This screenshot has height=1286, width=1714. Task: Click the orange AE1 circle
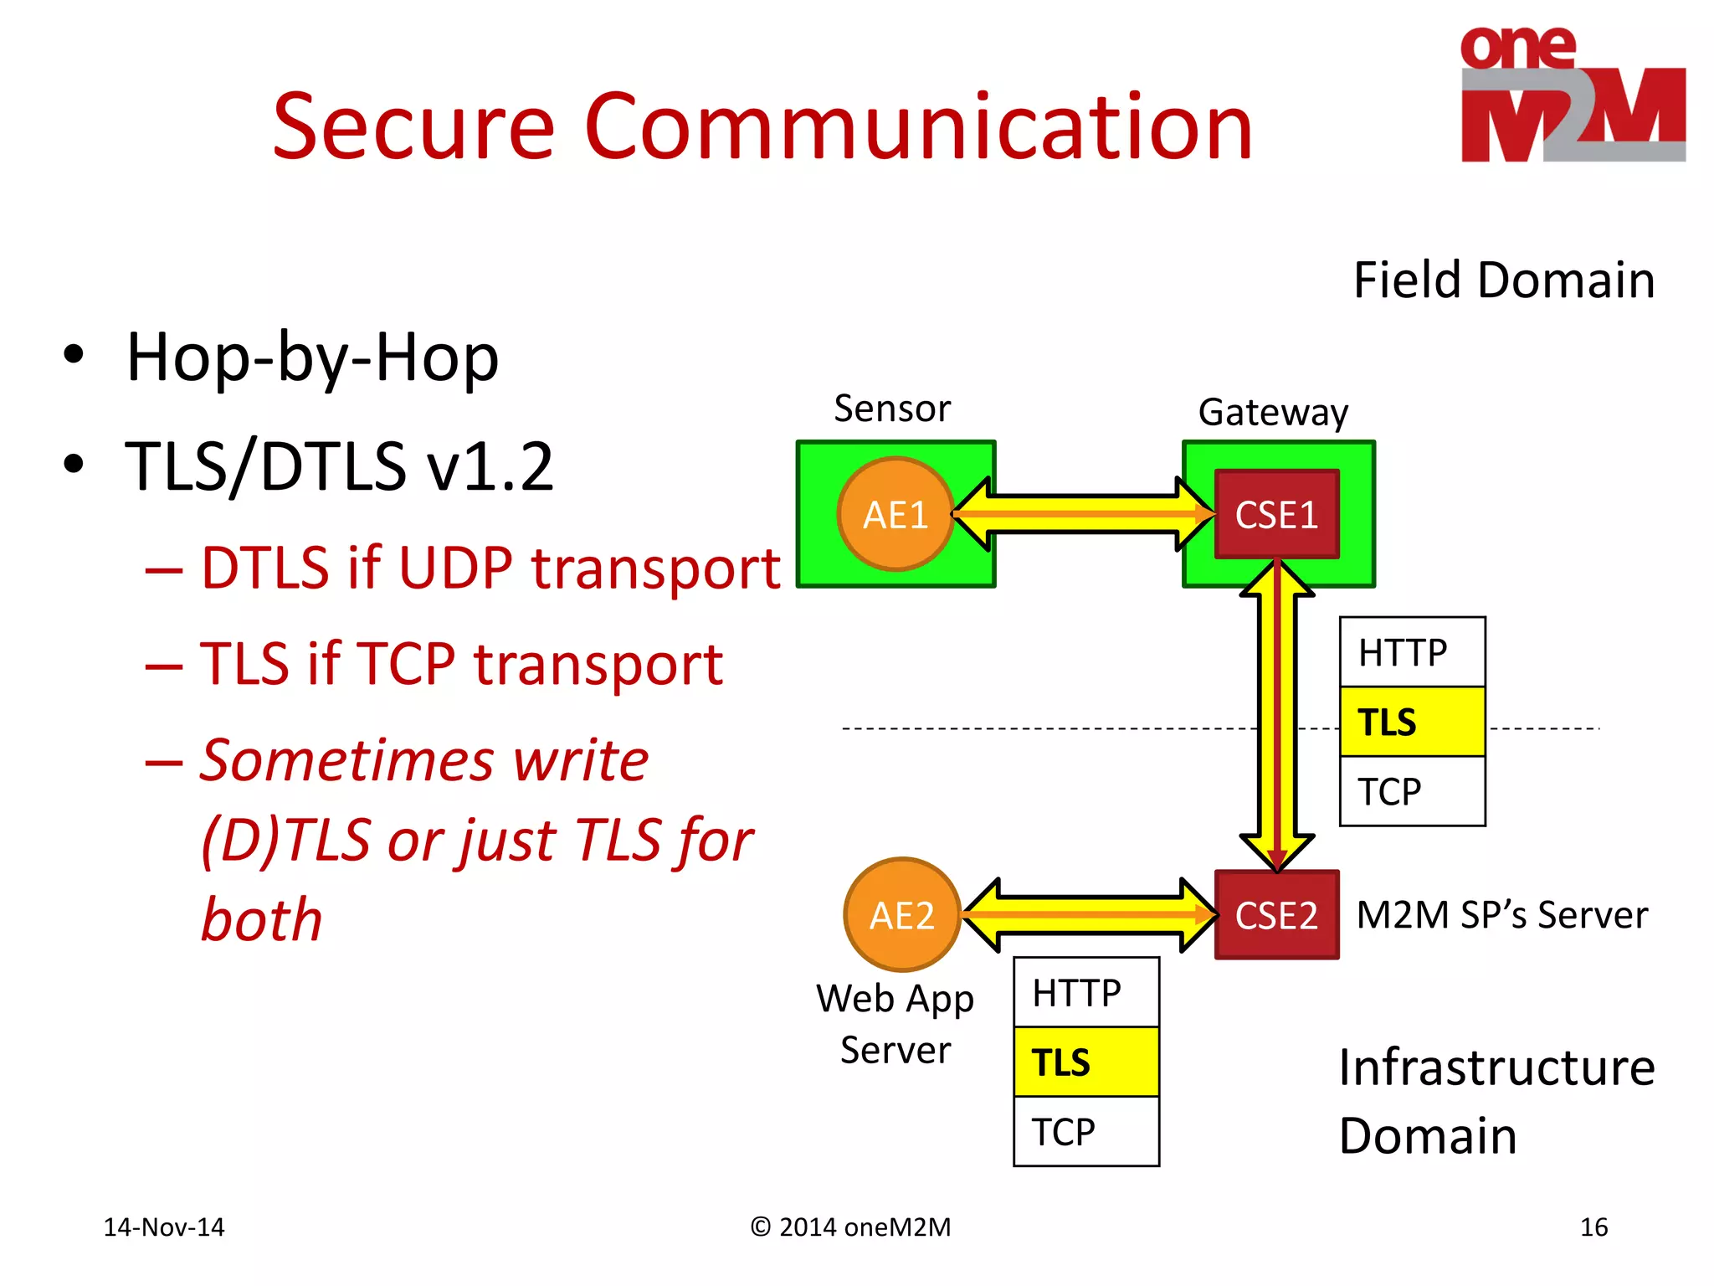pyautogui.click(x=895, y=514)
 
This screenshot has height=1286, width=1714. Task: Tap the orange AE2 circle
pyautogui.click(x=901, y=914)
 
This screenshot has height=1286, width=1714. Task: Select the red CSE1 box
pyautogui.click(x=1276, y=514)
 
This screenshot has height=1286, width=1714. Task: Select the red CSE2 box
pyautogui.click(x=1276, y=914)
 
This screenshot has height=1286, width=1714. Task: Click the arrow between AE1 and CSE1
pyautogui.click(x=1084, y=514)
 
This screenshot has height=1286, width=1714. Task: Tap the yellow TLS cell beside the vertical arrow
pyautogui.click(x=1412, y=722)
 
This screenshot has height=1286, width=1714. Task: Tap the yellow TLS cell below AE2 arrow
pyautogui.click(x=1085, y=1062)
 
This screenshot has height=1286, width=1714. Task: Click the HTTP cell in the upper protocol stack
pyautogui.click(x=1412, y=652)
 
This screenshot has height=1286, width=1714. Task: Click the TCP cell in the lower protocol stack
pyautogui.click(x=1085, y=1131)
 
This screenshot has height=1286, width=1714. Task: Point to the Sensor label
pyautogui.click(x=892, y=409)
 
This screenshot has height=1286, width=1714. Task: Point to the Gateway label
pyautogui.click(x=1273, y=412)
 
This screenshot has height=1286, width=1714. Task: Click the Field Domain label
pyautogui.click(x=1504, y=280)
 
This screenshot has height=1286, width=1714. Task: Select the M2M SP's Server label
pyautogui.click(x=1501, y=914)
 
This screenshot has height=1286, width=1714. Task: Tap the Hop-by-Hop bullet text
pyautogui.click(x=312, y=358)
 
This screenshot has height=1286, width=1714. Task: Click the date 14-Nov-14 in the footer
pyautogui.click(x=164, y=1227)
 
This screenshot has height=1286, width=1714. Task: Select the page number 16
pyautogui.click(x=1593, y=1227)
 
